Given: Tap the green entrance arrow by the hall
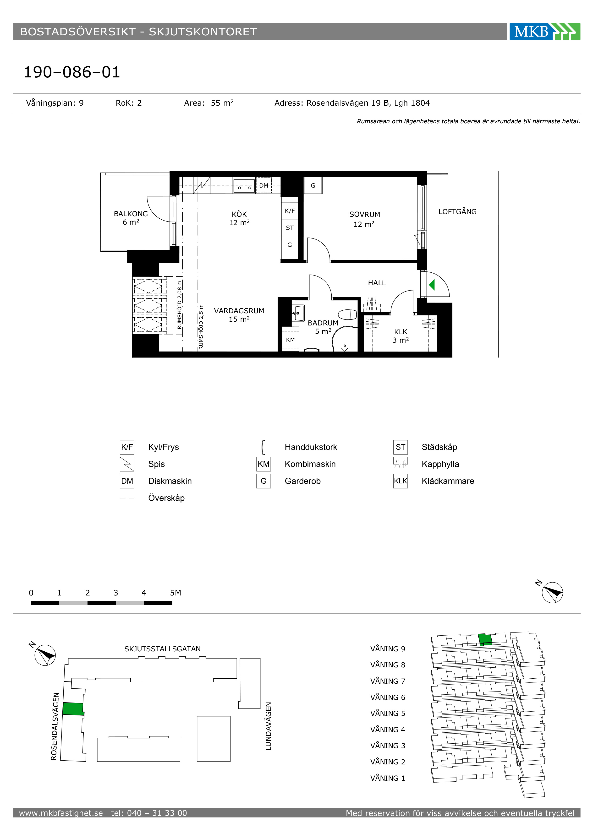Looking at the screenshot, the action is pos(432,285).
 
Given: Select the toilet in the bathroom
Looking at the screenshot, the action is pos(347,314).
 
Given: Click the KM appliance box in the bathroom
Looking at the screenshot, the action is pos(290,340).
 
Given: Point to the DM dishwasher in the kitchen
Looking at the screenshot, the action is pos(264,185).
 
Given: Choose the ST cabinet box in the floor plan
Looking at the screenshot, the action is pos(290,228).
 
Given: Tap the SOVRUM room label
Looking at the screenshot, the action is pos(364,215).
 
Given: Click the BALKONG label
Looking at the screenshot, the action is pos(131,214).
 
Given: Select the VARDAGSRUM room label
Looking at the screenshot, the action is pos(239,311).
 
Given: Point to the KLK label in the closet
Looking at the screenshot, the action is pos(401,332).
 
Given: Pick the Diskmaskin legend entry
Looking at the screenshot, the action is pos(170,481).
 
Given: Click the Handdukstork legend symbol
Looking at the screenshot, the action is pos(263,447).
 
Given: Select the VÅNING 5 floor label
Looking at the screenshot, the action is pos(388,713).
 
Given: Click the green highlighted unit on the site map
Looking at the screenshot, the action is pos(73,708).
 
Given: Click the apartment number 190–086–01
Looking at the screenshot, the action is pos(72,72).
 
